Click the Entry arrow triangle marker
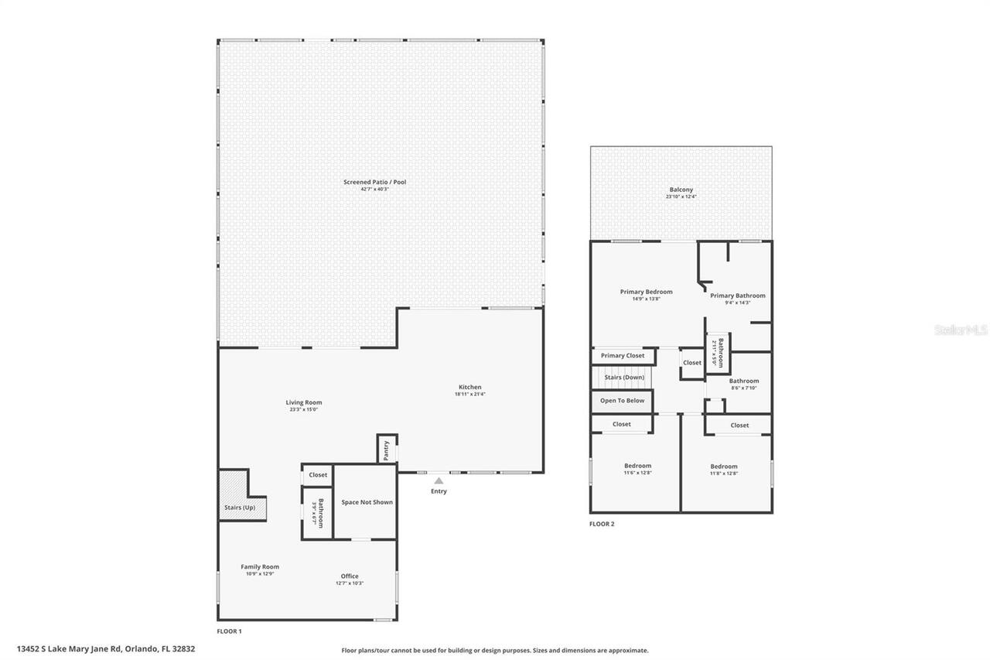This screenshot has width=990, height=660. click(439, 480)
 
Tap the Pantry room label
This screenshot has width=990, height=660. click(385, 450)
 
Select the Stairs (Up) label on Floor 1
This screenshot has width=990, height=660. click(239, 508)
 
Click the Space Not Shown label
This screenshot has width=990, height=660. click(367, 502)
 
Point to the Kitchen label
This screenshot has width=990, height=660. click(469, 387)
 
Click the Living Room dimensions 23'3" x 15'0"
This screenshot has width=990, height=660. click(303, 409)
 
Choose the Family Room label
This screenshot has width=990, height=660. click(260, 566)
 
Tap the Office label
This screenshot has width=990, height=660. click(350, 576)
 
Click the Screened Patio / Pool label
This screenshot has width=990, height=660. click(374, 182)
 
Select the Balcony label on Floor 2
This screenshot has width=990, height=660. click(681, 190)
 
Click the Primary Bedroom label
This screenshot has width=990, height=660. click(646, 292)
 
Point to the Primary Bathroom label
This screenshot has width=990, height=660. click(737, 296)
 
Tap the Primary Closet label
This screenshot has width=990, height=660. click(623, 356)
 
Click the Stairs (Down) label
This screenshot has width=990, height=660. click(623, 378)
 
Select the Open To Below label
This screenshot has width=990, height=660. click(622, 401)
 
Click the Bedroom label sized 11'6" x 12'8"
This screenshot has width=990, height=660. click(637, 466)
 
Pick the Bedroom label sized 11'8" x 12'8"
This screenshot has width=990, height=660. click(723, 467)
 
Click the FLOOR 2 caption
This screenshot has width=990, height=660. click(602, 524)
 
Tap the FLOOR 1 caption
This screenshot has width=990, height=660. click(229, 631)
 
